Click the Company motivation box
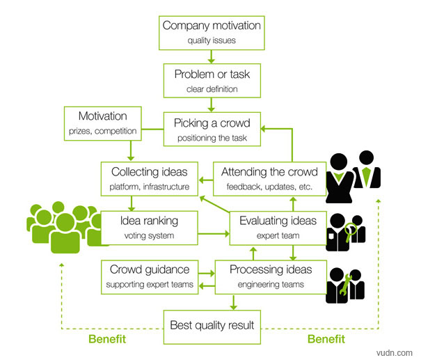coord(212,32)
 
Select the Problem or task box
coord(212,80)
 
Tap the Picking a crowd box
coord(212,129)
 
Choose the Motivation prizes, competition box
coord(102,122)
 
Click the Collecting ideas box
coord(150,178)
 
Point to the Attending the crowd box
coord(269,178)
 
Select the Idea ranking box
coord(149,227)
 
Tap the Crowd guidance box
coord(149,275)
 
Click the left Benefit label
coord(107,339)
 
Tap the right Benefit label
coord(326,339)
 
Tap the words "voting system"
coord(149,235)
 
